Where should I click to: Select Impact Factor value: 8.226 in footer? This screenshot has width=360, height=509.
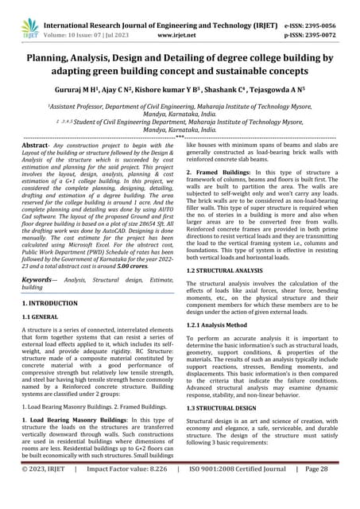coord(137,492)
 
